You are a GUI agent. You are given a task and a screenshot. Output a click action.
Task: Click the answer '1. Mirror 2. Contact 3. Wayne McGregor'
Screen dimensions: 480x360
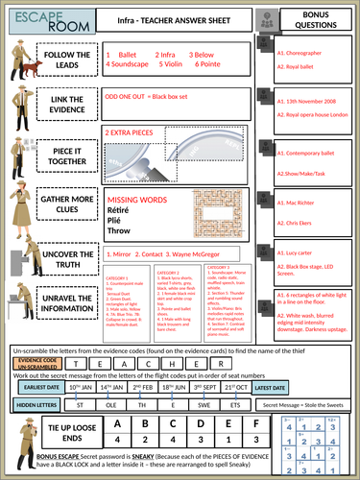[x=154, y=254]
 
